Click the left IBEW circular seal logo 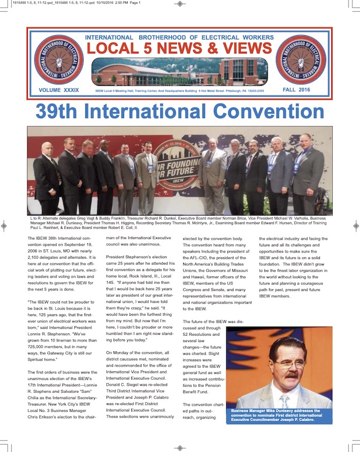[x=59, y=60]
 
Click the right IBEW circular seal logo [x=300, y=60]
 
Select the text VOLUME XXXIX [x=59, y=90]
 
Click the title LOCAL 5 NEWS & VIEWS [x=180, y=48]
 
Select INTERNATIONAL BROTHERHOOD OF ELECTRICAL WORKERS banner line [x=180, y=38]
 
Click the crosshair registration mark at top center [x=179, y=4]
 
